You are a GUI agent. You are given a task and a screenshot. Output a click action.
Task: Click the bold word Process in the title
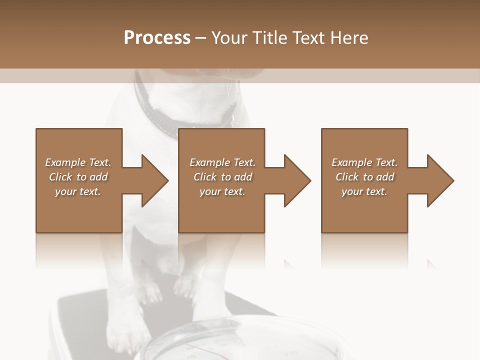157,38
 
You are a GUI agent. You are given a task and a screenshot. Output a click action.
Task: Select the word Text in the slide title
306,38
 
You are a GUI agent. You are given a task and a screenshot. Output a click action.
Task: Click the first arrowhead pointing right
153,180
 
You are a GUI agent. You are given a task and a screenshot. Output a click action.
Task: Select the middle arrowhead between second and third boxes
296,180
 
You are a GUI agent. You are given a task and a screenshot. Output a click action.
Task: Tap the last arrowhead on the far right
439,180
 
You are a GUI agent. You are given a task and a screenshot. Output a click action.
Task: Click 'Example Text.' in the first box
78,162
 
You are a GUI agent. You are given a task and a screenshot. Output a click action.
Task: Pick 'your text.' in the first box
78,191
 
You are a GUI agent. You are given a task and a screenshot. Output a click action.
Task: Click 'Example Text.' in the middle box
222,162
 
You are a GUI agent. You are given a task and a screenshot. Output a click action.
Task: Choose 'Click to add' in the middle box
222,177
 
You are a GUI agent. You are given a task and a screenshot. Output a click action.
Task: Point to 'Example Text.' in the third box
364,162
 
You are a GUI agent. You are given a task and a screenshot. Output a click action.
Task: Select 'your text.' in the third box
364,191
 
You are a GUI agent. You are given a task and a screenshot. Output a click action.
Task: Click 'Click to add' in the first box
78,177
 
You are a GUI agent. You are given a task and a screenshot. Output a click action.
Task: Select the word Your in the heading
228,38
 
